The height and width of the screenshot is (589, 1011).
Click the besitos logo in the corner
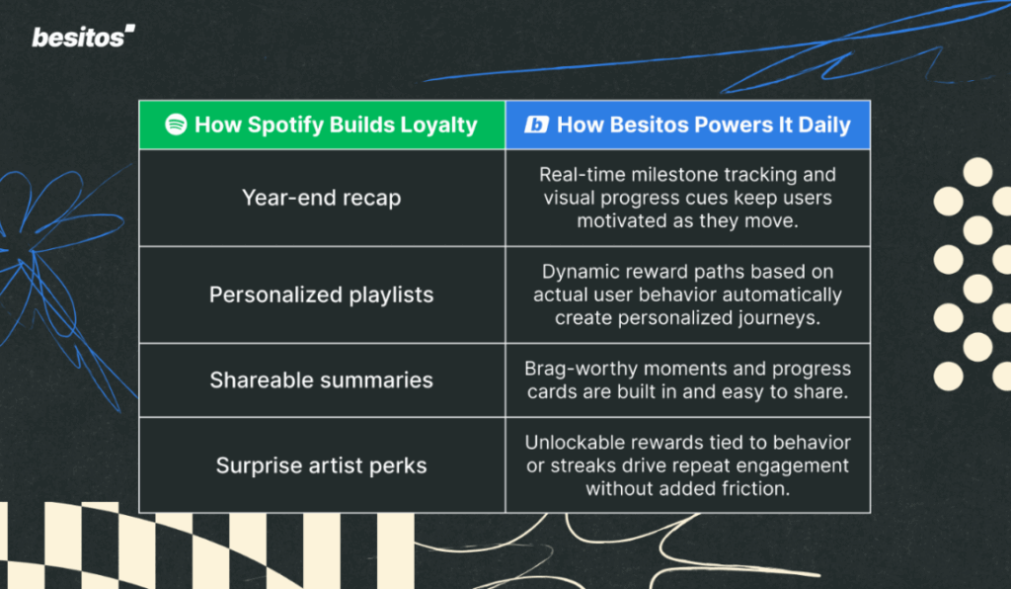point(83,37)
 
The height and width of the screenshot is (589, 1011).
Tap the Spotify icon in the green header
point(177,125)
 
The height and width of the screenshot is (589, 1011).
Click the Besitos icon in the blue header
point(536,125)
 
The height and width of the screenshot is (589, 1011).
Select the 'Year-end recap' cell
point(321,198)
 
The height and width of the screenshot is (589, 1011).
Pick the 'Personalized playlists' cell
point(321,294)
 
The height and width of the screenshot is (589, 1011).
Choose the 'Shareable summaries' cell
point(321,379)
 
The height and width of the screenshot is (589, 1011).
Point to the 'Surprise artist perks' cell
point(321,464)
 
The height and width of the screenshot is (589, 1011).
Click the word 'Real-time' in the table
point(579,175)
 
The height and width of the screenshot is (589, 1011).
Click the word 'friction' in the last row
point(756,488)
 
